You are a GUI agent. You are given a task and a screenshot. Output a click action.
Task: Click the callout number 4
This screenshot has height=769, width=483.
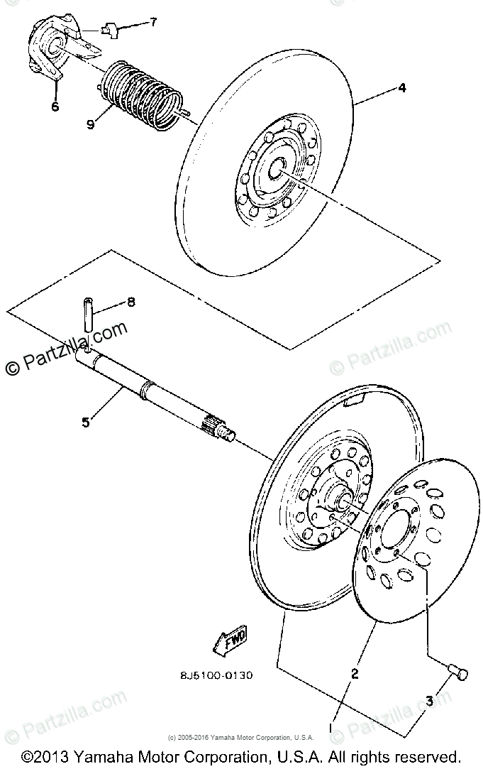click(401, 88)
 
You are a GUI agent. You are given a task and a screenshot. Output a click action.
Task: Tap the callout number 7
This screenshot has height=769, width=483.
click(152, 23)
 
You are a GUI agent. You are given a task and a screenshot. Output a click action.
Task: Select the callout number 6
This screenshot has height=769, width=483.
click(55, 107)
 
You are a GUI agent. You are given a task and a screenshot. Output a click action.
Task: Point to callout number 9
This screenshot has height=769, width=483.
click(91, 124)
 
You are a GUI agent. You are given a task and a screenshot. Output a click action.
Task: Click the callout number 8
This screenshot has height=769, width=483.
click(131, 302)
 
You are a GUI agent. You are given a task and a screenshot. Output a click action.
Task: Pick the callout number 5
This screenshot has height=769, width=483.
click(86, 422)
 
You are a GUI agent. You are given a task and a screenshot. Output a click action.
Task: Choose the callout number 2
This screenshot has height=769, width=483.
click(355, 674)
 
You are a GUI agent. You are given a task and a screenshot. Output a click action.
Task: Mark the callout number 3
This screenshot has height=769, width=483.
click(428, 702)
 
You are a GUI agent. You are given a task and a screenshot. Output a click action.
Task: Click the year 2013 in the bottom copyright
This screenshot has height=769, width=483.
click(48, 756)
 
